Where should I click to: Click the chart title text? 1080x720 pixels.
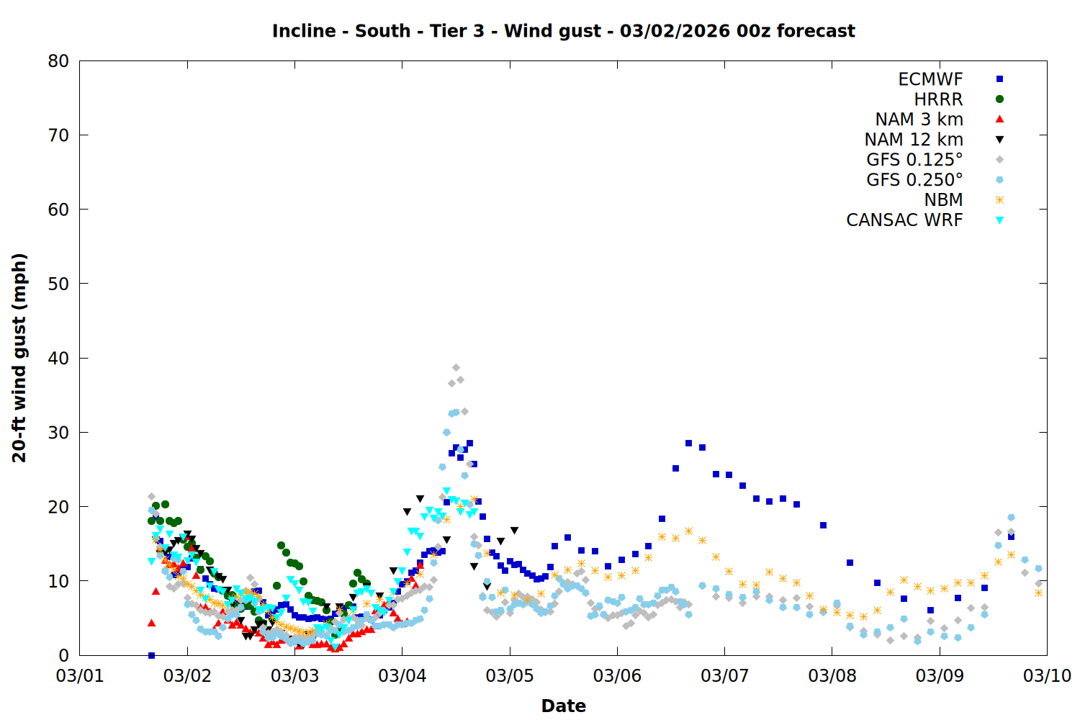tap(563, 31)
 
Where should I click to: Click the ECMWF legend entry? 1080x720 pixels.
tap(930, 79)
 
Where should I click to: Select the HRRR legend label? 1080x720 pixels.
tap(938, 99)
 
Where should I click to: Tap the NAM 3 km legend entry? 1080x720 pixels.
tap(919, 120)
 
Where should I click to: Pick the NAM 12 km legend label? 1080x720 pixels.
tap(914, 140)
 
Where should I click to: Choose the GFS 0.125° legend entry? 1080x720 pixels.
tap(914, 160)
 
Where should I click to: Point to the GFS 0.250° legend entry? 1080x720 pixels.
tap(914, 180)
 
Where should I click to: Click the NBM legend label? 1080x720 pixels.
tap(943, 200)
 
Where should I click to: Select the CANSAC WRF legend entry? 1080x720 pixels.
tap(904, 220)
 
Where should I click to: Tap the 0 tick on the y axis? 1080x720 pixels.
tap(64, 655)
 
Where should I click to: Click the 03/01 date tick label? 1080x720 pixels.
tap(80, 675)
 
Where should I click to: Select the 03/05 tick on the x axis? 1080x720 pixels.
tap(510, 675)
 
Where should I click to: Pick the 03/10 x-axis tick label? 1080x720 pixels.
tap(1047, 675)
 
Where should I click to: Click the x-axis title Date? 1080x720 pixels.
tap(563, 706)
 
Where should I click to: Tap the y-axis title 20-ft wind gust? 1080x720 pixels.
tap(19, 358)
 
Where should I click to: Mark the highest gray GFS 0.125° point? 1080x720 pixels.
tap(456, 368)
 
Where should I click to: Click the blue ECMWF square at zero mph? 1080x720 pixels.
tap(151, 655)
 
